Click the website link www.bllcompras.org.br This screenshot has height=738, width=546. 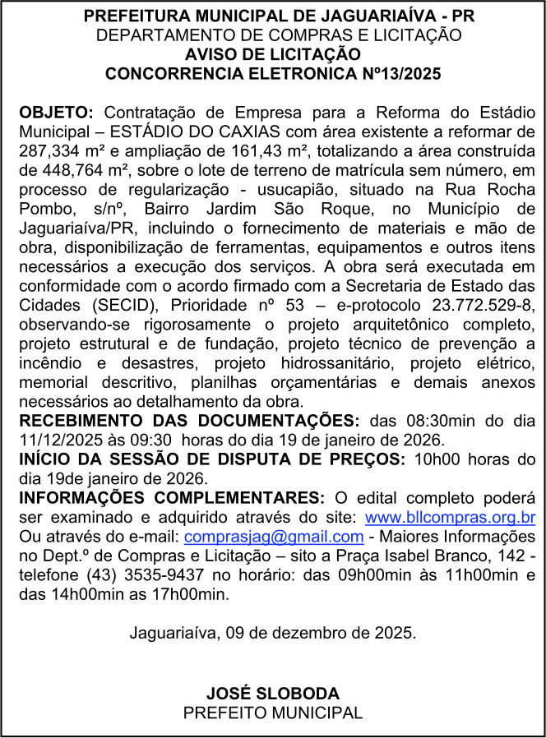click(450, 518)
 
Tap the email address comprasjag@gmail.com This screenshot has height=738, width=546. click(274, 537)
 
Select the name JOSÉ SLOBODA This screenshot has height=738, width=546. click(272, 694)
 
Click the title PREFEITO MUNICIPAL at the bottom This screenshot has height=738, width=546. click(272, 713)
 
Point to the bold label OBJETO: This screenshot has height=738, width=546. click(57, 112)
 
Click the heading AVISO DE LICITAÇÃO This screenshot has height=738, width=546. click(273, 54)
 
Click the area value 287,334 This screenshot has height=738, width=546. click(48, 150)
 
